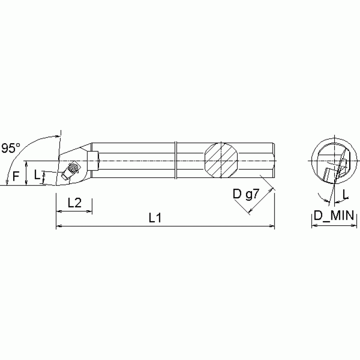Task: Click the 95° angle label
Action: click(11, 148)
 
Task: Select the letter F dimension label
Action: click(16, 176)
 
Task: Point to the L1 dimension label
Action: click(155, 218)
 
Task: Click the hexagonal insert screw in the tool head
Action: click(73, 167)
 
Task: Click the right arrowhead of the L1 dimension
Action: click(272, 227)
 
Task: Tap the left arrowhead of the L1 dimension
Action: click(59, 227)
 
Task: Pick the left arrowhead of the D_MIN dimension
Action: click(314, 226)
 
